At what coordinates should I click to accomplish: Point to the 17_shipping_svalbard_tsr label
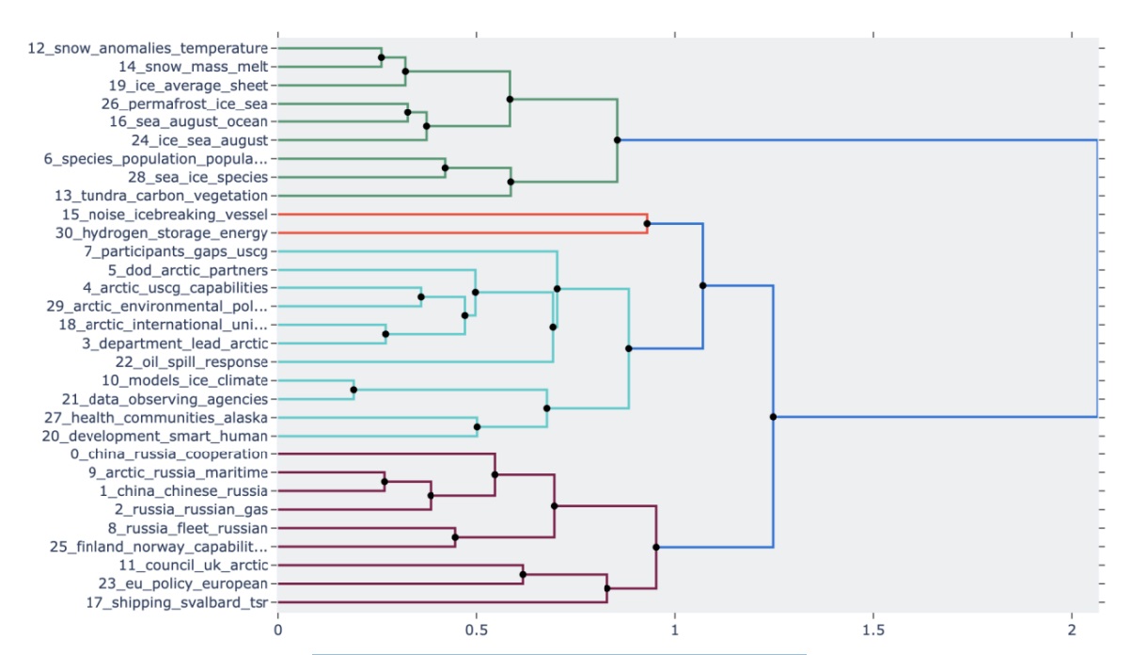[177, 602]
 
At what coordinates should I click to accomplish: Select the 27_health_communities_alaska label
[156, 417]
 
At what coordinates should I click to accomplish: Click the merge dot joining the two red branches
[647, 223]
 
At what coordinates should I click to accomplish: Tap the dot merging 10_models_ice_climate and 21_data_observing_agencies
[354, 390]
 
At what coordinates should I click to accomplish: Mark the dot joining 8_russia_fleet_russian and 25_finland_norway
[455, 537]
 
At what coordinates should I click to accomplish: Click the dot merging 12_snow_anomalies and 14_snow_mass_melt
[381, 57]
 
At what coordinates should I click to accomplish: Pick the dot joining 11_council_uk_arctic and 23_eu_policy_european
[523, 574]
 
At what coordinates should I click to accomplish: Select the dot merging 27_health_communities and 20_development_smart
[477, 426]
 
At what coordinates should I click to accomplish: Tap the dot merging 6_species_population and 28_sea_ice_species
[445, 168]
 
